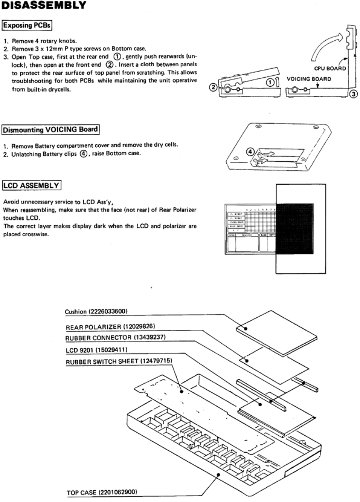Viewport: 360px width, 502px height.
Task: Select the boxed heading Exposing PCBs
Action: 28,26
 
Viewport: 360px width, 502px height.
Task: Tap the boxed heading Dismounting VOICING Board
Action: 51,131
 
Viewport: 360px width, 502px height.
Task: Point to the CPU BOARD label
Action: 328,69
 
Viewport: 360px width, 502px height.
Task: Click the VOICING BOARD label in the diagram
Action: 309,79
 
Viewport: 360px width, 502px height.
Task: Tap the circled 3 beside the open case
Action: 352,93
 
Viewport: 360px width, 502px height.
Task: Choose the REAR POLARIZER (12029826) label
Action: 110,327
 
